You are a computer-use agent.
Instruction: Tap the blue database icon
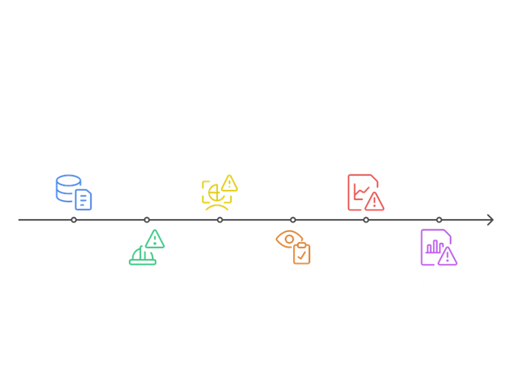tap(73, 192)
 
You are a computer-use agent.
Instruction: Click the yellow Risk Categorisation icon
tap(219, 191)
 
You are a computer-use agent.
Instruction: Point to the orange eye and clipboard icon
tap(293, 247)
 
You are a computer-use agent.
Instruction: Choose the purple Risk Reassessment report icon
tap(438, 248)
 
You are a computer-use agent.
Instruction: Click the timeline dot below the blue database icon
tap(73, 220)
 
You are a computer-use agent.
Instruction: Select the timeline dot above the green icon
tap(147, 220)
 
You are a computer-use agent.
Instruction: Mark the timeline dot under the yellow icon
tap(220, 220)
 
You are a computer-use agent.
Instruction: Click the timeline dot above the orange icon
tap(293, 220)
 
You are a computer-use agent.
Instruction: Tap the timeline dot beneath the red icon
tap(366, 220)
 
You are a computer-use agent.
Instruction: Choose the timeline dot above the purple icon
tap(439, 220)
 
